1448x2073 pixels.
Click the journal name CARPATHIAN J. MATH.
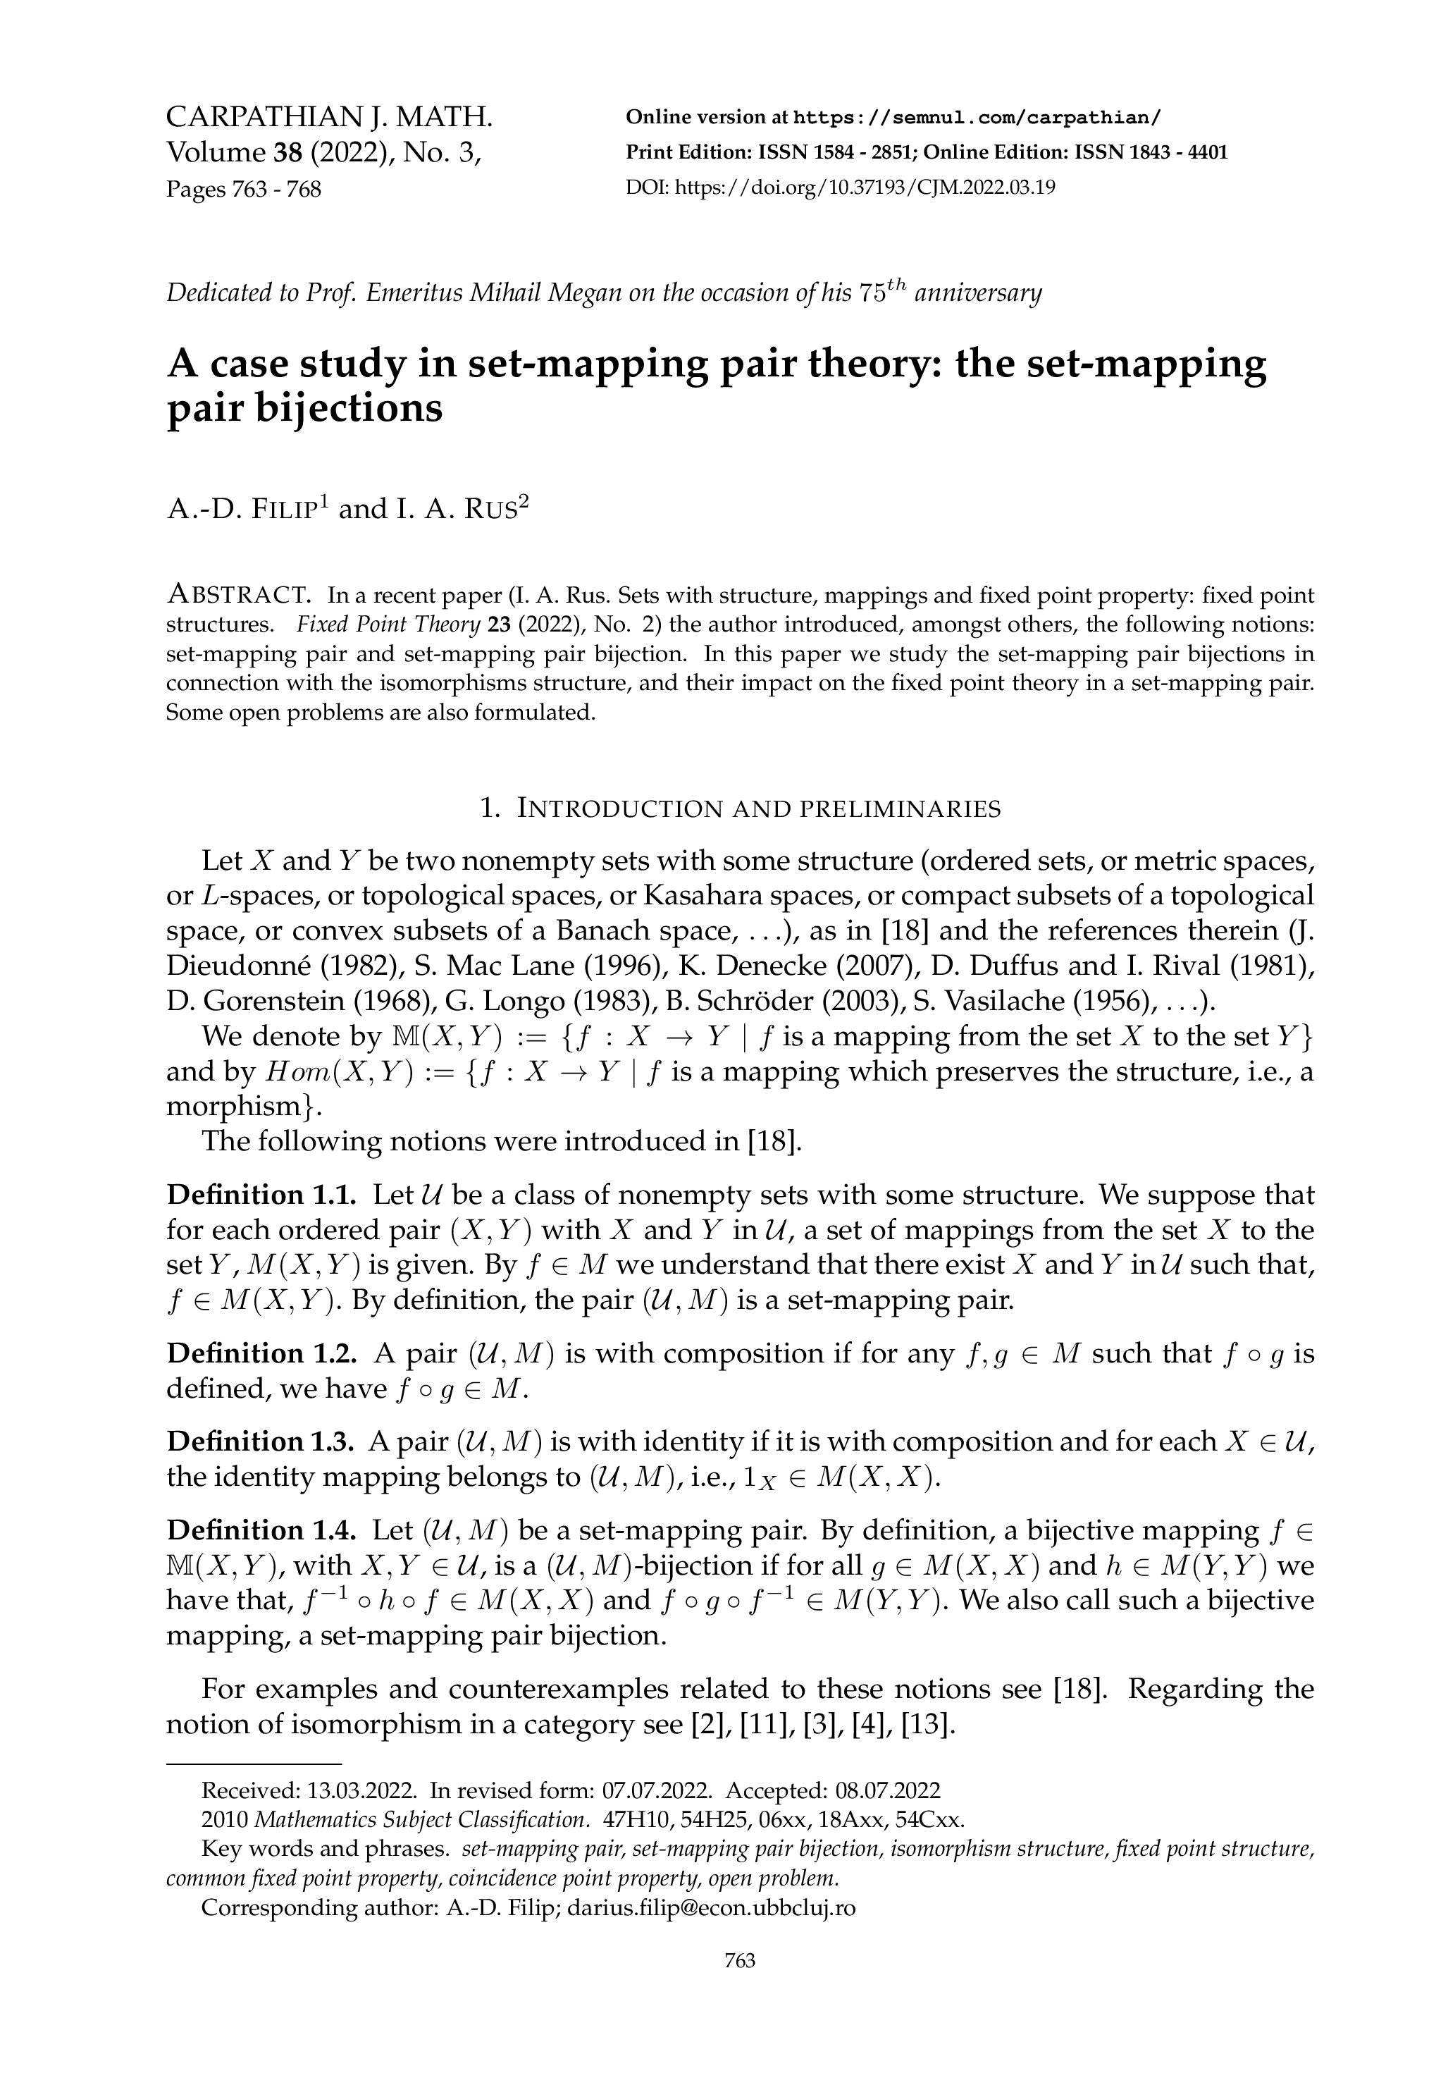(x=330, y=118)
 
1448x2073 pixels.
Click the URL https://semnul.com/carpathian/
(x=977, y=118)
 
